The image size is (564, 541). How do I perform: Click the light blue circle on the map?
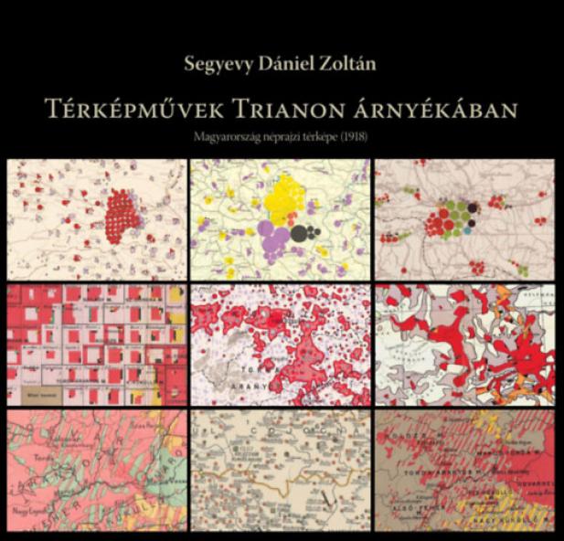pyautogui.click(x=467, y=231)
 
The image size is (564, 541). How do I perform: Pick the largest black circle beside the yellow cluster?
pyautogui.click(x=299, y=233)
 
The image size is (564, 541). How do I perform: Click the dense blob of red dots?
pyautogui.click(x=122, y=216)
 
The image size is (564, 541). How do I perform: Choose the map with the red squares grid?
pyautogui.click(x=96, y=345)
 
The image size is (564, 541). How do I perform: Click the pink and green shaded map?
pyautogui.click(x=96, y=470)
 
